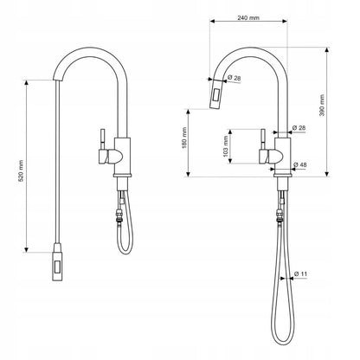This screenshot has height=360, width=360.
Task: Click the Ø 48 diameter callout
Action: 300,164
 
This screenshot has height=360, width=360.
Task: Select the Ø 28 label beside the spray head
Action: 235,80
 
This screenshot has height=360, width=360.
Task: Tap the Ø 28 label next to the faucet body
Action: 300,127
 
